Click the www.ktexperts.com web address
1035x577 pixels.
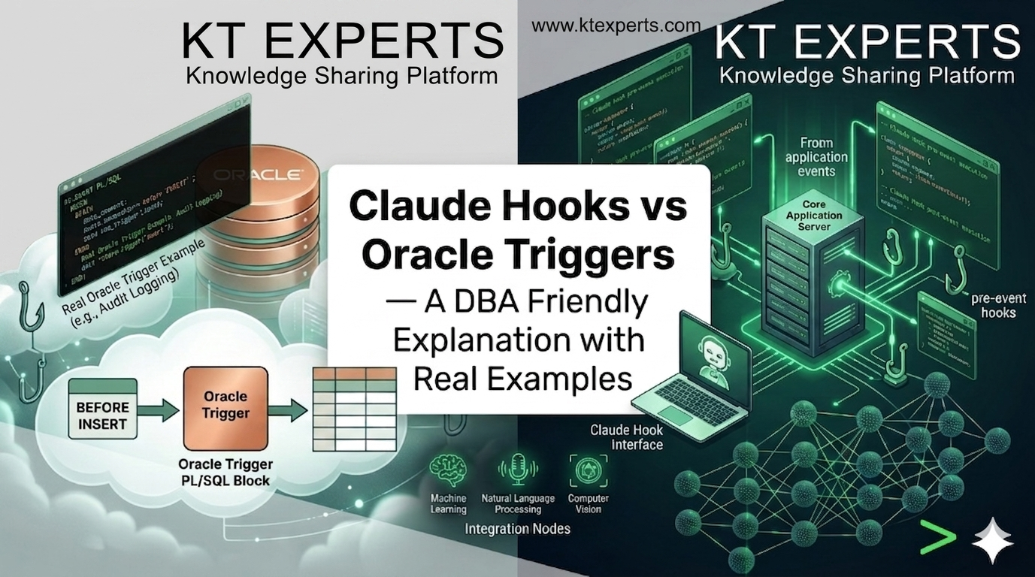click(616, 26)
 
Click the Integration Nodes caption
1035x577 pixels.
click(517, 529)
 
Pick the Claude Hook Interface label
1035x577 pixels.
click(626, 437)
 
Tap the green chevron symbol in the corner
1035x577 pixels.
click(937, 536)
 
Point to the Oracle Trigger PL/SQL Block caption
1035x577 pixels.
click(225, 473)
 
